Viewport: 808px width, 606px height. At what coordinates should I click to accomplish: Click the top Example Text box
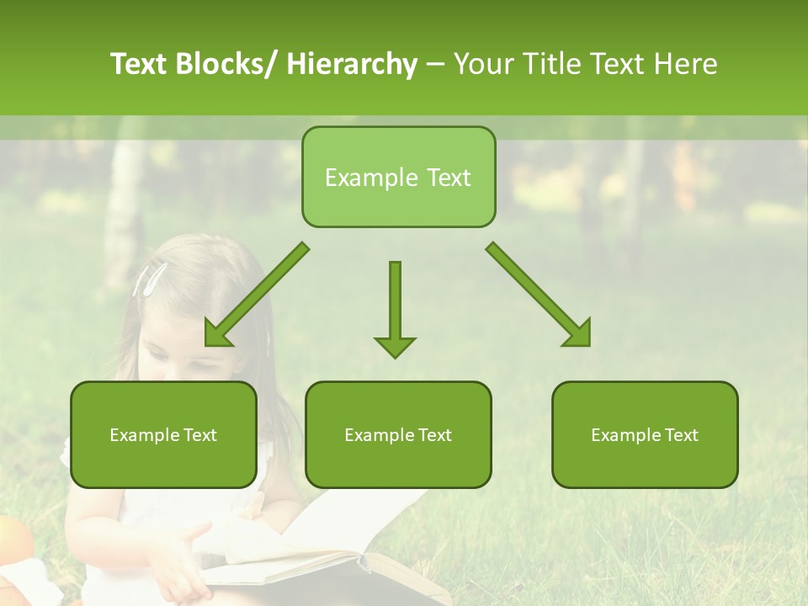(x=398, y=177)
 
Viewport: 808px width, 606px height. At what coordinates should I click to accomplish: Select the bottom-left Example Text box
(x=163, y=434)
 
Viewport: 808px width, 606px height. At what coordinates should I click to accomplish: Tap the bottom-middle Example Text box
(x=398, y=434)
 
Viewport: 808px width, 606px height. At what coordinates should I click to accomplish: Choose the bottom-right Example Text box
(x=645, y=434)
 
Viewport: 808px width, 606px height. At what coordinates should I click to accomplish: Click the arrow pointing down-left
(x=252, y=299)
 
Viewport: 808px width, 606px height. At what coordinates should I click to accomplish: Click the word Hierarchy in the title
(x=352, y=64)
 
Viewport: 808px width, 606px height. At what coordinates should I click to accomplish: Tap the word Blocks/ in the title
(x=226, y=64)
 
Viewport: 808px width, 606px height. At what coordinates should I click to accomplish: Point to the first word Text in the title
(x=141, y=64)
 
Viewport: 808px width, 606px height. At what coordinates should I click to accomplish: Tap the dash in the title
(x=435, y=64)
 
